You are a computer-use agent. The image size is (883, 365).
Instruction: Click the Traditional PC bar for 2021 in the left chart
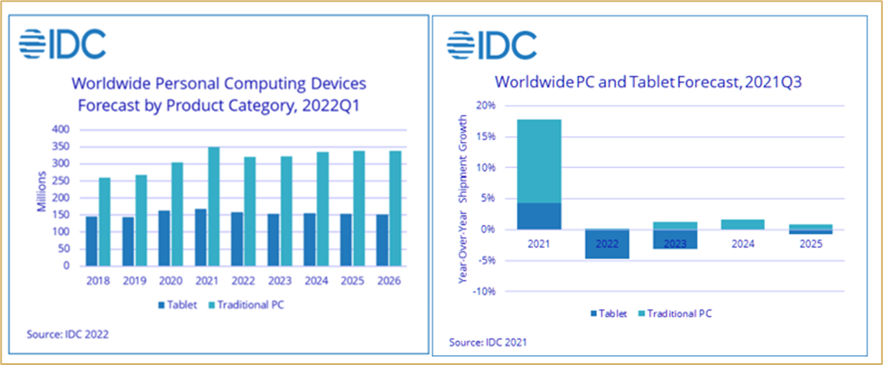click(213, 206)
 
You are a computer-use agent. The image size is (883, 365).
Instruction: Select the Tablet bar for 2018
click(92, 241)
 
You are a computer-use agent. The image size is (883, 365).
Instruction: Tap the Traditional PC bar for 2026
click(395, 209)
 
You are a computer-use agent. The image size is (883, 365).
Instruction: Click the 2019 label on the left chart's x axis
click(135, 280)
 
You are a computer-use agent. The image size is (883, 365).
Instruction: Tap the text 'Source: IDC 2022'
click(68, 334)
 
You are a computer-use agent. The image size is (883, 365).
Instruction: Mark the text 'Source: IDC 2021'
click(488, 342)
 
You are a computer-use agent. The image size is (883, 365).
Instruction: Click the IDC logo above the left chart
click(62, 44)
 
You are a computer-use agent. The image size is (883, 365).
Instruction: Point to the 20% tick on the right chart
click(486, 106)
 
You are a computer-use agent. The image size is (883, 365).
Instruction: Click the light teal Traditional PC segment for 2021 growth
click(539, 161)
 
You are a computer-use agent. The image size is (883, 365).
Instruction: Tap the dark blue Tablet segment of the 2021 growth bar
click(539, 216)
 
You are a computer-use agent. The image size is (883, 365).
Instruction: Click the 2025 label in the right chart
click(810, 245)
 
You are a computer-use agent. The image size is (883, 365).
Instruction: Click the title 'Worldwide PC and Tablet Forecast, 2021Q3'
click(650, 82)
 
